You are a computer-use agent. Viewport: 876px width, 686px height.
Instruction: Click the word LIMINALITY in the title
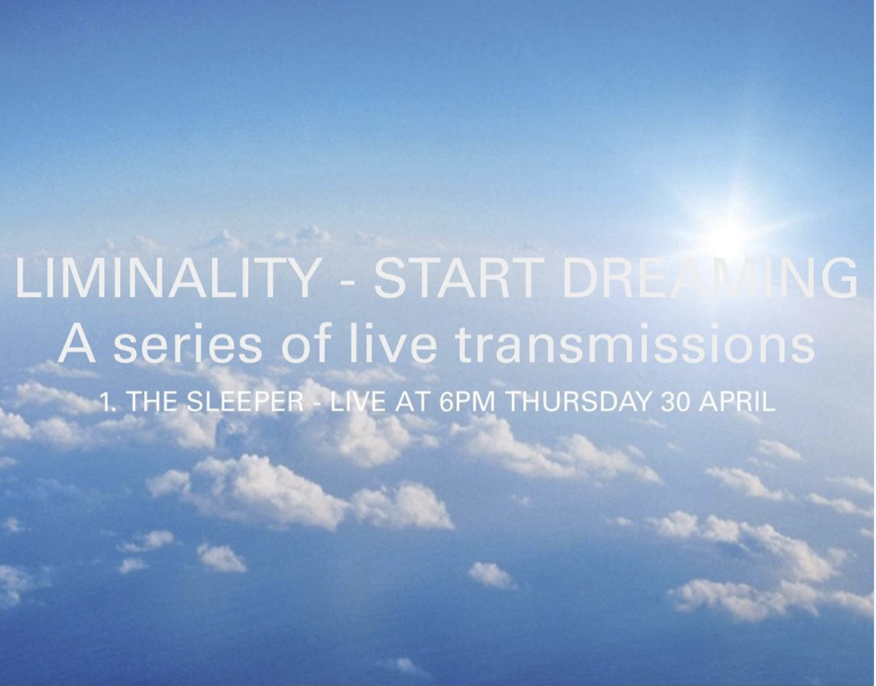pos(167,279)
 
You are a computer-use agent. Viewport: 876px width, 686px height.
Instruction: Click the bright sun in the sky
pos(726,233)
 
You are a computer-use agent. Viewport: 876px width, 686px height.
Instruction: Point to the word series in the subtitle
pos(187,345)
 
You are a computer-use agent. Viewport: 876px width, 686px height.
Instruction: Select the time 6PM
pos(469,403)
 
